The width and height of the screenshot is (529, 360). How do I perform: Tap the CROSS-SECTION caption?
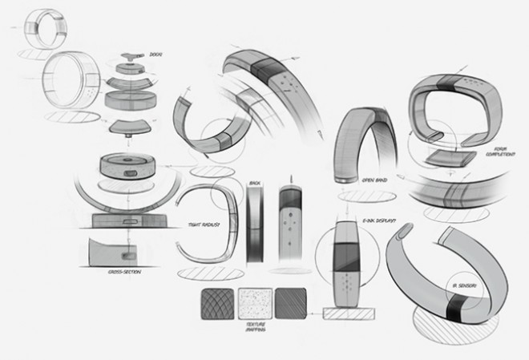point(124,272)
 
